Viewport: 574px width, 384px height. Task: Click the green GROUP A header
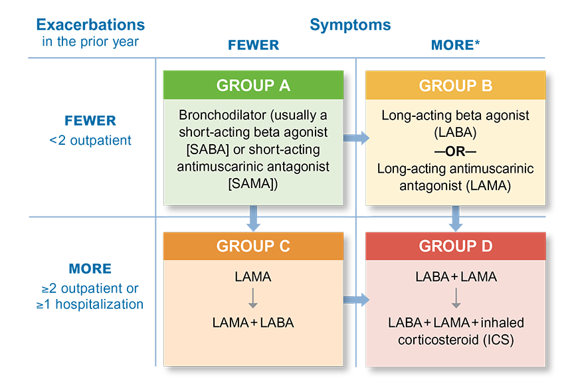pyautogui.click(x=253, y=85)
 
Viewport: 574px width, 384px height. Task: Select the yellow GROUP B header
pyautogui.click(x=455, y=85)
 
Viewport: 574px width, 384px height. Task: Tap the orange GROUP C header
pyautogui.click(x=253, y=246)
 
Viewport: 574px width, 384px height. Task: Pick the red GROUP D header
pyautogui.click(x=455, y=246)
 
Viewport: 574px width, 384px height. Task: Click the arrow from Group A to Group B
pyautogui.click(x=356, y=138)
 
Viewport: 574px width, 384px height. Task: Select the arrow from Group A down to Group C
pyautogui.click(x=253, y=218)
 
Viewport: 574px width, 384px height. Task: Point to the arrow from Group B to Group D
pyautogui.click(x=455, y=218)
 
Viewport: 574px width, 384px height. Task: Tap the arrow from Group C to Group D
pyautogui.click(x=356, y=300)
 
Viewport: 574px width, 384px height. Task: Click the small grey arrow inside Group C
pyautogui.click(x=253, y=298)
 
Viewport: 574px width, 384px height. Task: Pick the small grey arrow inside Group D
pyautogui.click(x=456, y=298)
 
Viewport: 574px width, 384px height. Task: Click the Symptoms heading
pyautogui.click(x=350, y=25)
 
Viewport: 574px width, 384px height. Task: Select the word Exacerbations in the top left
pyautogui.click(x=90, y=25)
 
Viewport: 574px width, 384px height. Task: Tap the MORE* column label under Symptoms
pyautogui.click(x=455, y=45)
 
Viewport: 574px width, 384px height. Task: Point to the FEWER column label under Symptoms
pyautogui.click(x=253, y=45)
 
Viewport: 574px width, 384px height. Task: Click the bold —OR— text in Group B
pyautogui.click(x=455, y=151)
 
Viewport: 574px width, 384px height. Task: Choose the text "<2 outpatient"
pyautogui.click(x=90, y=140)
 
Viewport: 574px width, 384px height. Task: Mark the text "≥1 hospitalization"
pyautogui.click(x=90, y=304)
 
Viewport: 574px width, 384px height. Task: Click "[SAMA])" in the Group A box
pyautogui.click(x=253, y=183)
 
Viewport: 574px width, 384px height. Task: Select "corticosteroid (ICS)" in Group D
pyautogui.click(x=456, y=340)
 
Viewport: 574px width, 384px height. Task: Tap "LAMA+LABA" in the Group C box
pyautogui.click(x=253, y=322)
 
